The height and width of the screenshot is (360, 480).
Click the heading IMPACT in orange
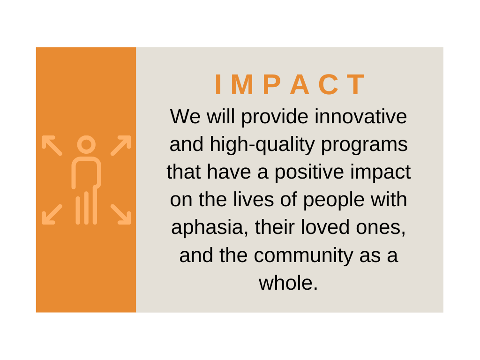pos(290,84)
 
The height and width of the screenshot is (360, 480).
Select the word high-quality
pos(262,145)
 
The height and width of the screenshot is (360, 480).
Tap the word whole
pos(288,282)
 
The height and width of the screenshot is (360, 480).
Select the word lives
pos(254,199)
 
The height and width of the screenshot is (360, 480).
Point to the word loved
pos(325,227)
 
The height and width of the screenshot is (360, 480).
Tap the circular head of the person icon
pos(86,144)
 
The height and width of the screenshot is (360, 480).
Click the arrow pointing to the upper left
pos(52,145)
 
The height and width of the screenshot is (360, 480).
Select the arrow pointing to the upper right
pos(121,145)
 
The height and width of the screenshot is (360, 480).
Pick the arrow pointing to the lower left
pos(52,214)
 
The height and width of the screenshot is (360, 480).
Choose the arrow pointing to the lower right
pos(121,214)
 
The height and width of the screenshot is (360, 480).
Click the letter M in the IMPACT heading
pos(242,85)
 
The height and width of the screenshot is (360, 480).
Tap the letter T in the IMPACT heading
pos(356,85)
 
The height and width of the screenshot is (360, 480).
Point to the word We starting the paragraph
pos(185,116)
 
